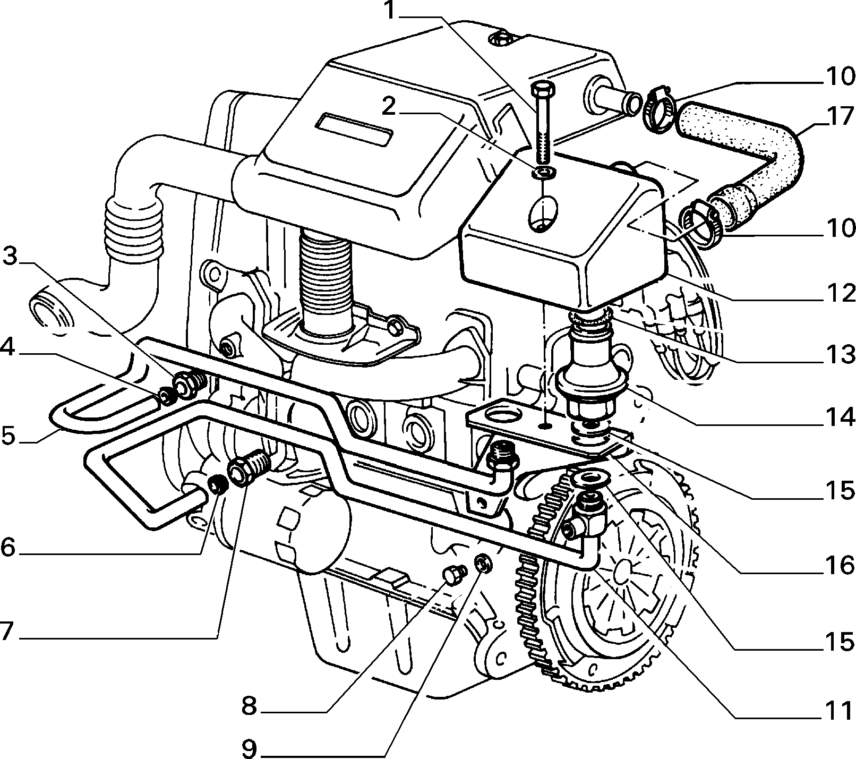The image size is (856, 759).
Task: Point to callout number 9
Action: [249, 749]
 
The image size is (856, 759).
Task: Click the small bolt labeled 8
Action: [455, 575]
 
